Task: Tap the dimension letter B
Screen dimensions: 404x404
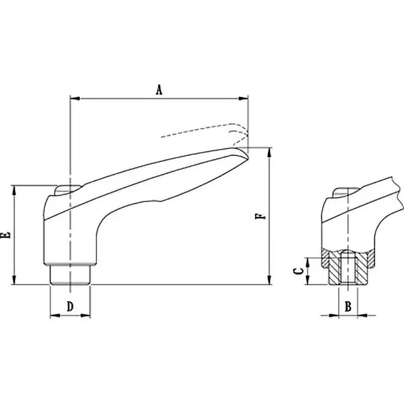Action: click(348, 306)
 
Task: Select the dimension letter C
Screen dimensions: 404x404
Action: click(299, 271)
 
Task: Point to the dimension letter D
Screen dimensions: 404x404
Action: click(70, 306)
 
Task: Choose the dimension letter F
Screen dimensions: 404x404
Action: click(260, 216)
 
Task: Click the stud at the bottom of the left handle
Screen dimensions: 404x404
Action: click(70, 275)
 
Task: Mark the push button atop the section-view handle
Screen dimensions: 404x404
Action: click(345, 192)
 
